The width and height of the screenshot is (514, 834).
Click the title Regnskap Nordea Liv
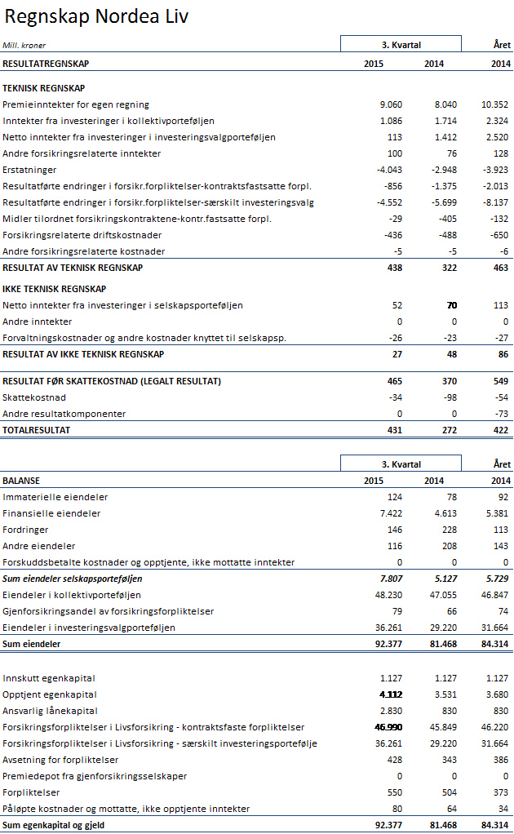click(x=96, y=17)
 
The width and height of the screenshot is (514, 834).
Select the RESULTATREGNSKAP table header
click(x=46, y=64)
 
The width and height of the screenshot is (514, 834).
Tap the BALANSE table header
click(x=21, y=481)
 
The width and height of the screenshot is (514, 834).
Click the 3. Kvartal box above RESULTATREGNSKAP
click(x=401, y=44)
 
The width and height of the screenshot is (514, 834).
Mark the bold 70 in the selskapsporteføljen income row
click(x=451, y=305)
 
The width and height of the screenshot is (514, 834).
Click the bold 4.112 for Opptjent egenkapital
click(x=388, y=694)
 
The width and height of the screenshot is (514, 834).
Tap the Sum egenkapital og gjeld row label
click(x=54, y=825)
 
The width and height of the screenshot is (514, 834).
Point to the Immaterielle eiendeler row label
click(x=55, y=497)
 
